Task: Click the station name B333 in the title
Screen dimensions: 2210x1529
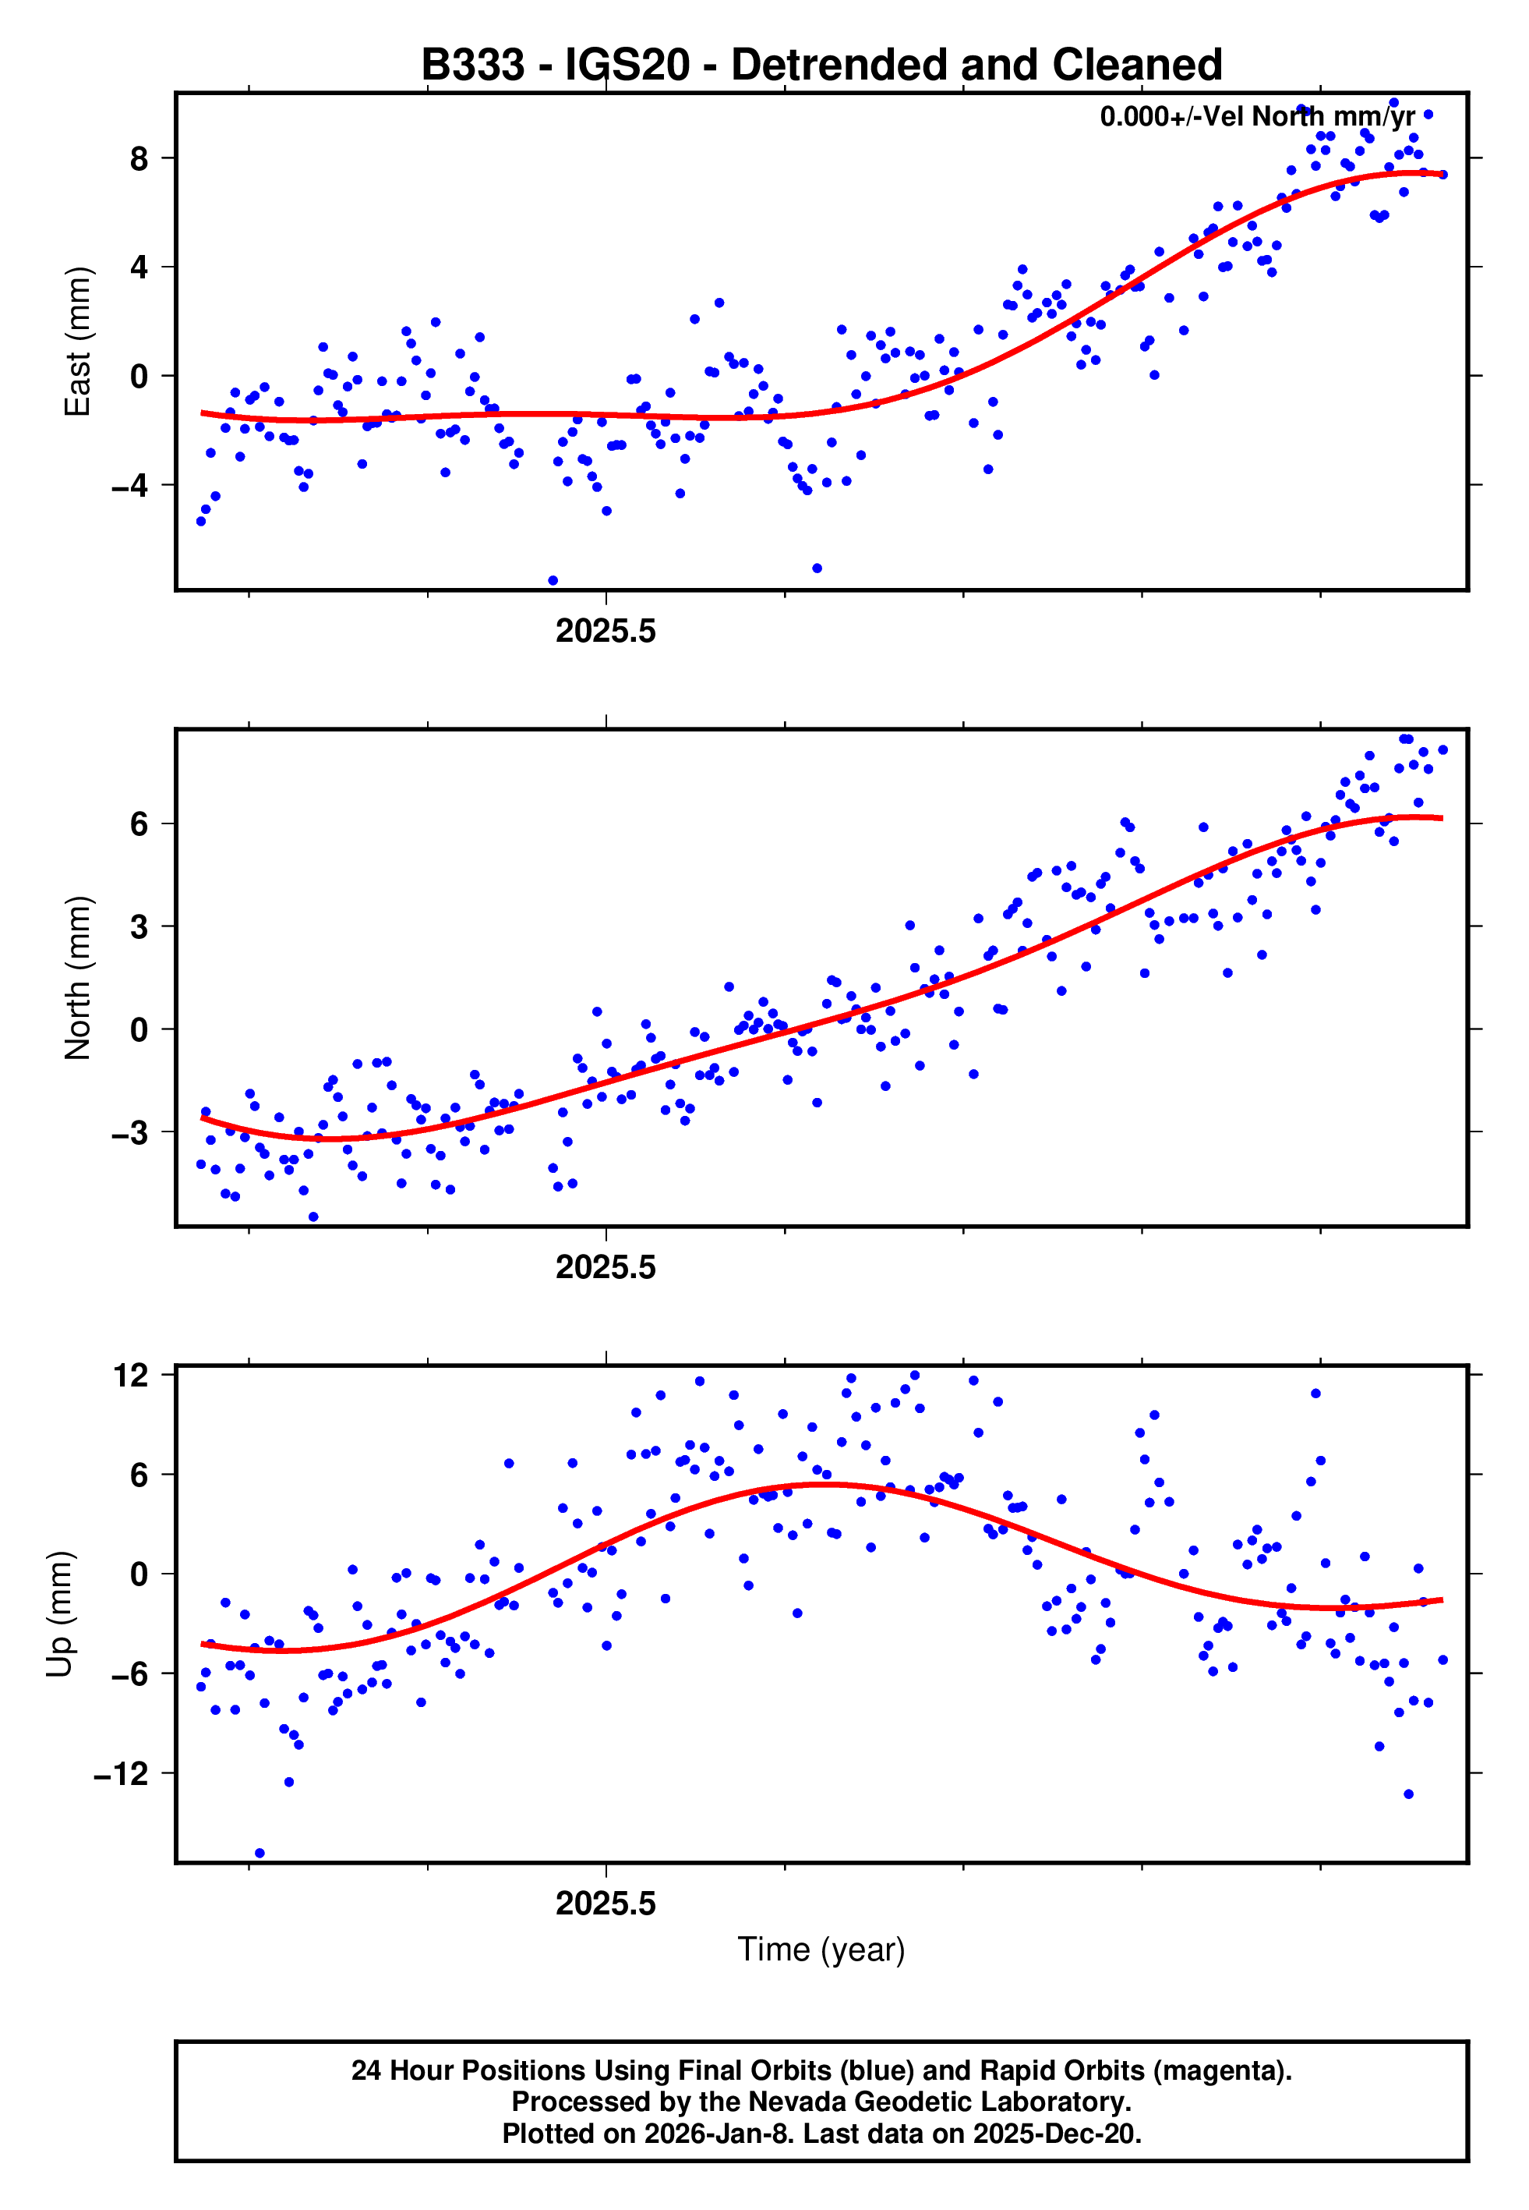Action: tap(472, 66)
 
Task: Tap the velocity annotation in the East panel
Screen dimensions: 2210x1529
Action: tap(1256, 117)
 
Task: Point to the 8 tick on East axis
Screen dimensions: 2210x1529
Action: tap(139, 158)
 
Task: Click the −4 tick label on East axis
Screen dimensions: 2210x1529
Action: tap(130, 486)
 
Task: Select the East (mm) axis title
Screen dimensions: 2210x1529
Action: tap(78, 342)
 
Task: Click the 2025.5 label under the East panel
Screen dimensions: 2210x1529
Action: tap(606, 632)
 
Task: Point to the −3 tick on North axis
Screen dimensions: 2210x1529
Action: tap(130, 1133)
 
